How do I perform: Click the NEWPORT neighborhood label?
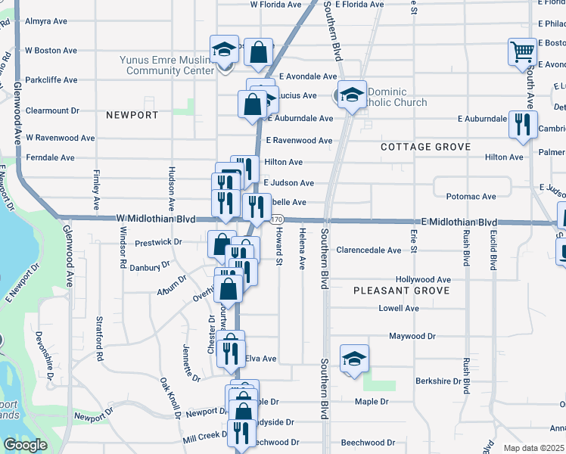click(x=132, y=116)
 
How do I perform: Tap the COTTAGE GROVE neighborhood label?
click(x=425, y=147)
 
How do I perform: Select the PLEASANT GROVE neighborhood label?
click(x=401, y=291)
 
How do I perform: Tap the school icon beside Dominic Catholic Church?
click(x=352, y=95)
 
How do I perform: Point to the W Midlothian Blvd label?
click(x=156, y=219)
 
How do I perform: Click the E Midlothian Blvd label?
click(x=459, y=222)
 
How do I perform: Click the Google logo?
click(x=25, y=444)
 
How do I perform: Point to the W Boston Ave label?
click(x=51, y=51)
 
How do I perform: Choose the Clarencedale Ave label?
click(x=369, y=250)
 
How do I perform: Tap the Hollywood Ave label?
click(x=423, y=279)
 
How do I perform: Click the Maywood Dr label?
click(x=412, y=336)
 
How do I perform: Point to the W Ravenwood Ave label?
click(x=60, y=138)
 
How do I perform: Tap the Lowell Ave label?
click(x=399, y=309)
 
